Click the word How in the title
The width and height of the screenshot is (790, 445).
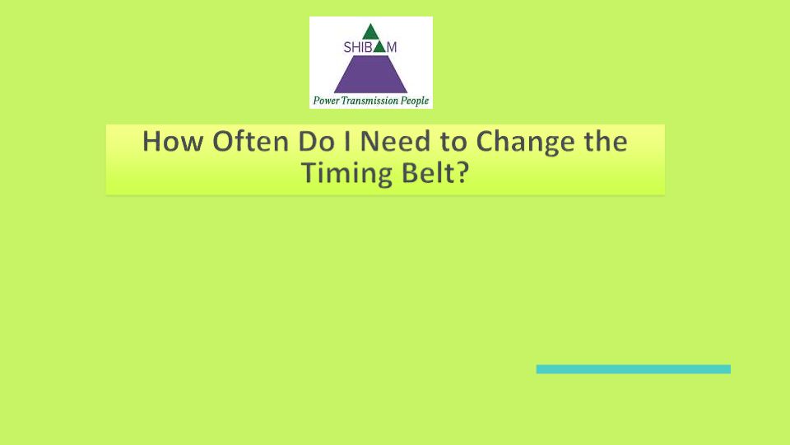point(173,141)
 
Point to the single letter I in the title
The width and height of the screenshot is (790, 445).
point(347,141)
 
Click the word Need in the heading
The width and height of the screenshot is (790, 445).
point(396,141)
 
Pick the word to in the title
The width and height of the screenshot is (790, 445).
point(453,143)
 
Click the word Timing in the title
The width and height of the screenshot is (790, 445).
point(346,174)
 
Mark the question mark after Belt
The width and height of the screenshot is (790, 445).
point(462,172)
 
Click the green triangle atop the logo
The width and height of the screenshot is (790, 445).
point(370,32)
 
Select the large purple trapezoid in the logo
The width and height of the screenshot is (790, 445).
point(370,74)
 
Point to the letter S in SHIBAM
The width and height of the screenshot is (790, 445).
point(347,48)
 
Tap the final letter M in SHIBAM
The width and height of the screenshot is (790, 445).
point(392,48)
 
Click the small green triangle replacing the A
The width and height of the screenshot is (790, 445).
point(379,48)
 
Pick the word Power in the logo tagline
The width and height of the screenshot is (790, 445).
point(327,101)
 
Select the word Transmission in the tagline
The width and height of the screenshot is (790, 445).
point(369,101)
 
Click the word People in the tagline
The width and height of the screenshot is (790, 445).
point(415,101)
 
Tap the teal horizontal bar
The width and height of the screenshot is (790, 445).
point(634,369)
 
